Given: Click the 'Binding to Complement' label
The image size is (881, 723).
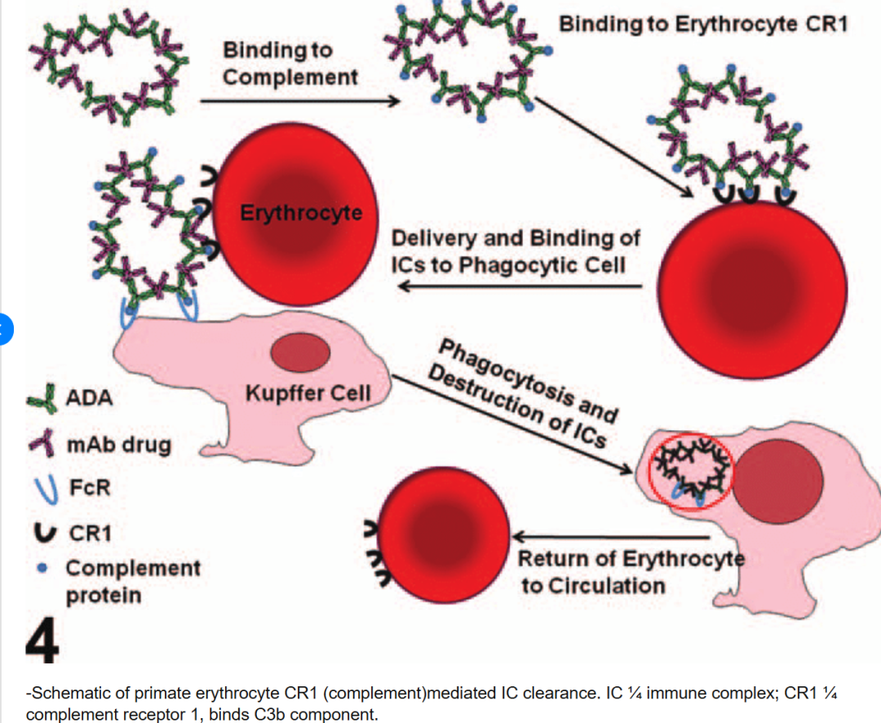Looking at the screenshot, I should click(290, 63).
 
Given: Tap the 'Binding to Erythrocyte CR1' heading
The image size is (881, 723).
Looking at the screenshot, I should click(702, 24).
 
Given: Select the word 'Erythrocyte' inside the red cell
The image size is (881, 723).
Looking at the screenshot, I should click(301, 213).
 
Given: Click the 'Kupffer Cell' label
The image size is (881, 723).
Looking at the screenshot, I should click(308, 393).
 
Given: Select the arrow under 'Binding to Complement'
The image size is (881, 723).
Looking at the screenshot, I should click(299, 101).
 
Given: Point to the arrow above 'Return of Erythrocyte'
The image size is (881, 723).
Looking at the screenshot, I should click(611, 537).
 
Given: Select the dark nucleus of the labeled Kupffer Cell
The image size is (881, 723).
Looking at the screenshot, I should click(300, 352).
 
